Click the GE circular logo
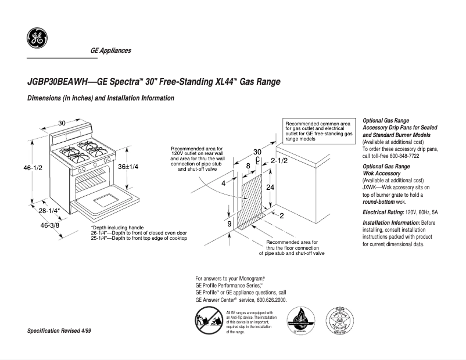37,39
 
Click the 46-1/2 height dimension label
32,168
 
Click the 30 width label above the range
62,123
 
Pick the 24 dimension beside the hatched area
270,188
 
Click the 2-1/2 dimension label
279,160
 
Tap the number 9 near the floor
229,224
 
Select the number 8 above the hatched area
248,165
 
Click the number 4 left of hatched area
223,183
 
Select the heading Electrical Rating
383,213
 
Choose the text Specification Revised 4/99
59,330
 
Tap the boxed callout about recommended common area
318,131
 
